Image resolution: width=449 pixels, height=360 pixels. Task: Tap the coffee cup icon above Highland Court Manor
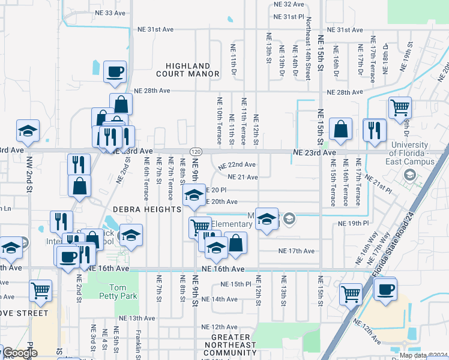(115, 72)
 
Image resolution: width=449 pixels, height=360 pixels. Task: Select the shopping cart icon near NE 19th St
(400, 107)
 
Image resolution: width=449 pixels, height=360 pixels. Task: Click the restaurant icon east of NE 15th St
(375, 130)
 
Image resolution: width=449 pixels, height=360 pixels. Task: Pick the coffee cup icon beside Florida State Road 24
(385, 289)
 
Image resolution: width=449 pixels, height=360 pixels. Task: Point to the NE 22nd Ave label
(238, 165)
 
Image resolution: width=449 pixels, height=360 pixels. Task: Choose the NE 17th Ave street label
(296, 251)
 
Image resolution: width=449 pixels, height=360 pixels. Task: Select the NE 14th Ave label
(220, 299)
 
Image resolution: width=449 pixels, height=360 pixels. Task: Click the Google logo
(19, 353)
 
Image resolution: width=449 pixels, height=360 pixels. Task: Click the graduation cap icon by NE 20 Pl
(194, 195)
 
